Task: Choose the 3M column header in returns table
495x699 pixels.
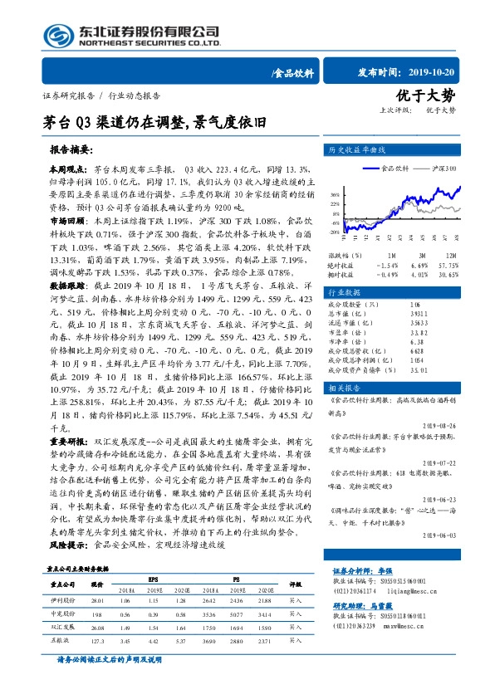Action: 421,255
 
